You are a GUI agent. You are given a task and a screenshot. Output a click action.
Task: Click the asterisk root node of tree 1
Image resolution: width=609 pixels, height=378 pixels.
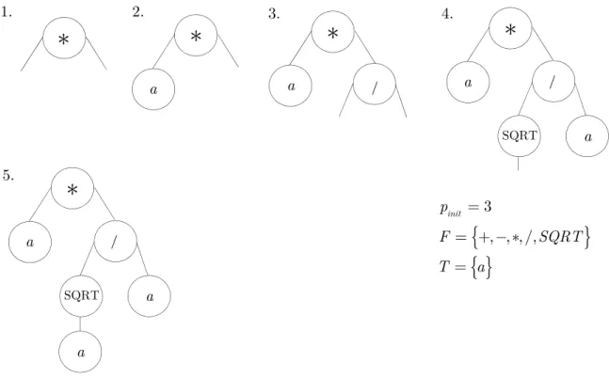click(64, 38)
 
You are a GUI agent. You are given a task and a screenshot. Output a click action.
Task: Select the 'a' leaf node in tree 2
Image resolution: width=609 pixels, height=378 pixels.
click(153, 89)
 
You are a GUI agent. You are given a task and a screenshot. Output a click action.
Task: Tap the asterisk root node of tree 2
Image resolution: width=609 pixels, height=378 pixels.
click(196, 36)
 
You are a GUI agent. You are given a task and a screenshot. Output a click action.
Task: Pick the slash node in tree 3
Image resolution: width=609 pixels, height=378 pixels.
click(375, 85)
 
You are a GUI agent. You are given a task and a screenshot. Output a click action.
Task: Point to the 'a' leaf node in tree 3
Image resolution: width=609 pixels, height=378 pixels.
click(291, 86)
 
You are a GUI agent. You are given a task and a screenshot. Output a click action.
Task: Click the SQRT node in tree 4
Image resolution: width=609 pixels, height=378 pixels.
click(520, 135)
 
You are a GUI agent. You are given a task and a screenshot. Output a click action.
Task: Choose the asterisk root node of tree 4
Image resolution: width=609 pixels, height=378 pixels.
click(510, 28)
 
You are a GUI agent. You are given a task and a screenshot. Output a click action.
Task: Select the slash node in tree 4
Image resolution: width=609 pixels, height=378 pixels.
click(553, 81)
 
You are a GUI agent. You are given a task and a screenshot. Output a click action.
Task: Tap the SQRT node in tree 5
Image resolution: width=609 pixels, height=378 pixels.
click(81, 296)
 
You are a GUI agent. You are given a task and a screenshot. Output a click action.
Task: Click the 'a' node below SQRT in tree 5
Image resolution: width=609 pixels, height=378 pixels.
click(80, 353)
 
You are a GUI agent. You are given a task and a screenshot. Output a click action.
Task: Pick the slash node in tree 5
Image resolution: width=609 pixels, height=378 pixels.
click(116, 242)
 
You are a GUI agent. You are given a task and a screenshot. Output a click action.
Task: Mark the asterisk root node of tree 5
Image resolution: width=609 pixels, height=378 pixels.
click(72, 189)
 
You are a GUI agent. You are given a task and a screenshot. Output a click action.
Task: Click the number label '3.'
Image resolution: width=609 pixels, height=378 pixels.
click(274, 14)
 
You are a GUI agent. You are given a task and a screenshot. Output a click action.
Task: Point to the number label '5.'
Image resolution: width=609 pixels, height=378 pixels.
click(8, 175)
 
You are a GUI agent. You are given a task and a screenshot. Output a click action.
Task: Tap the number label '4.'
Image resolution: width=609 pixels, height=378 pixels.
click(447, 14)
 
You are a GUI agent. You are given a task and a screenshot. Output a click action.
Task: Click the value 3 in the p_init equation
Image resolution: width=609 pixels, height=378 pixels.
click(488, 207)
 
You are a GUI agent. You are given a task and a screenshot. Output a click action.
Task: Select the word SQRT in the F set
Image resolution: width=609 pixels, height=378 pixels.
click(561, 236)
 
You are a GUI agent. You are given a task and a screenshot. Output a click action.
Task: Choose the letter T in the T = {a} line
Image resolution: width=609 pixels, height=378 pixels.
click(444, 267)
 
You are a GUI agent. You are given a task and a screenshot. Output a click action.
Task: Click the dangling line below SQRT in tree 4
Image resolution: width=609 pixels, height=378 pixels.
click(518, 164)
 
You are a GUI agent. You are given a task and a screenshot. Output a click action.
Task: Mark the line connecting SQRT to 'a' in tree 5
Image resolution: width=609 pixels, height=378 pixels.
click(80, 324)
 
